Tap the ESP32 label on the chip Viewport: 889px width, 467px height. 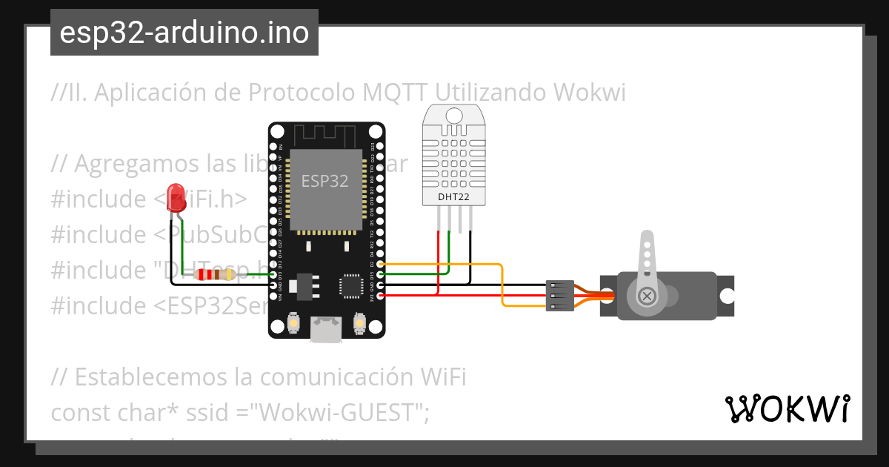[x=324, y=180]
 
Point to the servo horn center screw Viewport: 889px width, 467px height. [x=647, y=296]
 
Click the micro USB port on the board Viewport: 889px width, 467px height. [x=326, y=328]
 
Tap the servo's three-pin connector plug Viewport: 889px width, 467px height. [x=558, y=295]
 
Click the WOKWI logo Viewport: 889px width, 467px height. [x=787, y=408]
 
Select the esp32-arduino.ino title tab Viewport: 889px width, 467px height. [x=184, y=33]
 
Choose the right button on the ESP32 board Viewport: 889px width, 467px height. [x=359, y=323]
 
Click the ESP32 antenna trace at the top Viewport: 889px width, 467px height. [x=327, y=136]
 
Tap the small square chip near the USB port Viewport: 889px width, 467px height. [x=349, y=285]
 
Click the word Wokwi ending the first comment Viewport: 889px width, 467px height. [x=589, y=93]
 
